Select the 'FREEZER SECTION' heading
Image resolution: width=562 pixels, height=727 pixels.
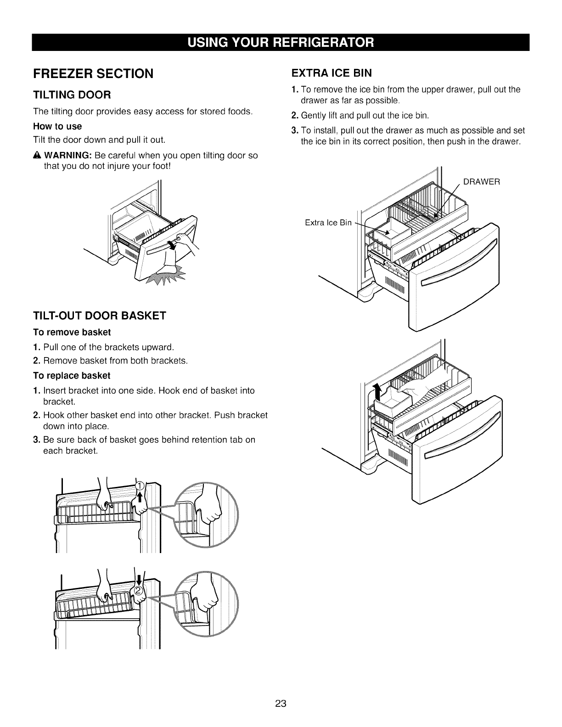click(x=92, y=73)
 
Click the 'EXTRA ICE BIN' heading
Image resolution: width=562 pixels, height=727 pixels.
click(x=332, y=73)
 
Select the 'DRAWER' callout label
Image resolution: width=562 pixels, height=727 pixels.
click(x=481, y=182)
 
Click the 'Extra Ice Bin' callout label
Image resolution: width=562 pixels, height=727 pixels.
click(x=328, y=223)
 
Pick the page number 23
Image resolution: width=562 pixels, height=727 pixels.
click(x=281, y=704)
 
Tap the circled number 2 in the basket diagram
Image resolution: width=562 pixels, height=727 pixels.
click(x=137, y=590)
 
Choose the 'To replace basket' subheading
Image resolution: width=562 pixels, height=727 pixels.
click(x=72, y=375)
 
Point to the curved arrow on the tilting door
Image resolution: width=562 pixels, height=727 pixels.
click(x=172, y=244)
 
